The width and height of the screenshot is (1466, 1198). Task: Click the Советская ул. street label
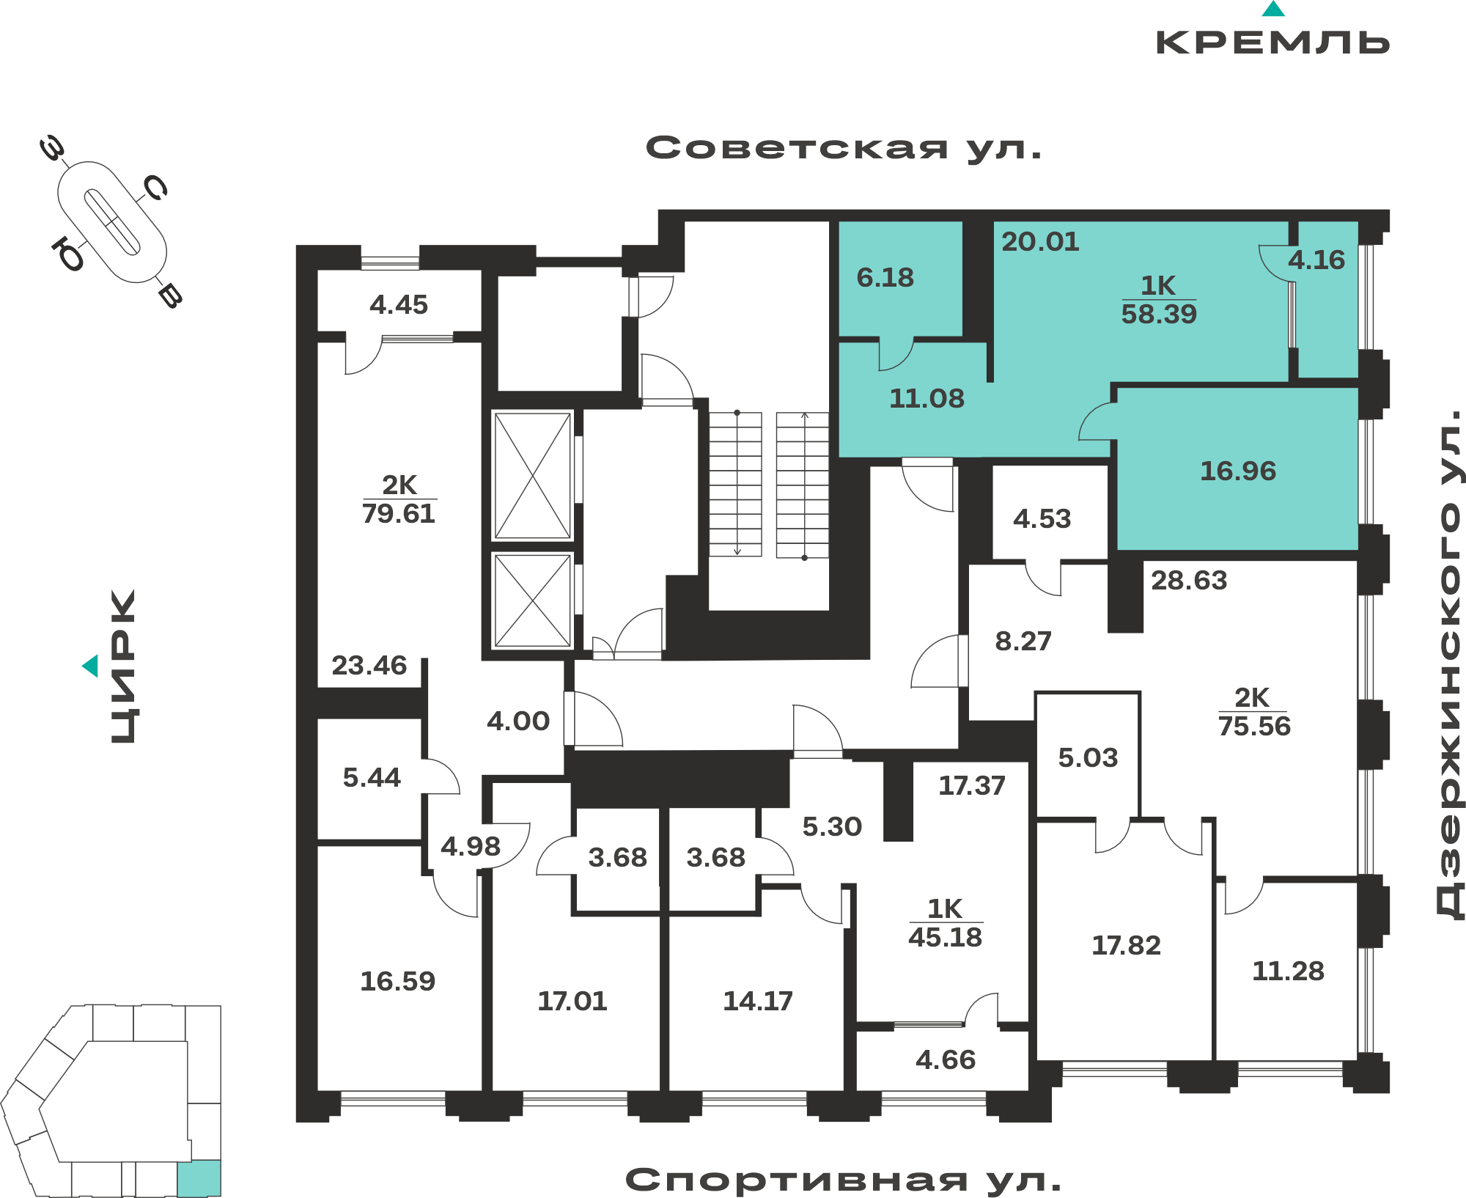[844, 148]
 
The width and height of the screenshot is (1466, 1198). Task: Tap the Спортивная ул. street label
[843, 1180]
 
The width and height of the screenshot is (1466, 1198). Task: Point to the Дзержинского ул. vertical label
[1448, 664]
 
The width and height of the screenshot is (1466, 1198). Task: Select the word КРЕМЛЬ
[1272, 43]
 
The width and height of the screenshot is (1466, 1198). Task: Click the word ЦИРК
[123, 666]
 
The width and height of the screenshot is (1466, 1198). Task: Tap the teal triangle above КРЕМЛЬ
[1273, 9]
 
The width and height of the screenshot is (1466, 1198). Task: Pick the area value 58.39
[1159, 314]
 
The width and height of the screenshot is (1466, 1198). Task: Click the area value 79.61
[399, 513]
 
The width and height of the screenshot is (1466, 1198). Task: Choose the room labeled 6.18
[900, 279]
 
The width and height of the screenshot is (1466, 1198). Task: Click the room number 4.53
[1042, 519]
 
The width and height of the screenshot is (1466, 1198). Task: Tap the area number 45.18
[945, 937]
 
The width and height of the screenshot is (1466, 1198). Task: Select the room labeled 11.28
[1288, 971]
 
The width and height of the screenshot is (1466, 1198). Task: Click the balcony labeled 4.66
[944, 1060]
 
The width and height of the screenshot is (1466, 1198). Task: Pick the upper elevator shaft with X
[533, 476]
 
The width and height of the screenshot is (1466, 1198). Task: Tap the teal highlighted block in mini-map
[199, 1178]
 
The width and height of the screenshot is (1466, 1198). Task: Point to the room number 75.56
[1254, 726]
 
